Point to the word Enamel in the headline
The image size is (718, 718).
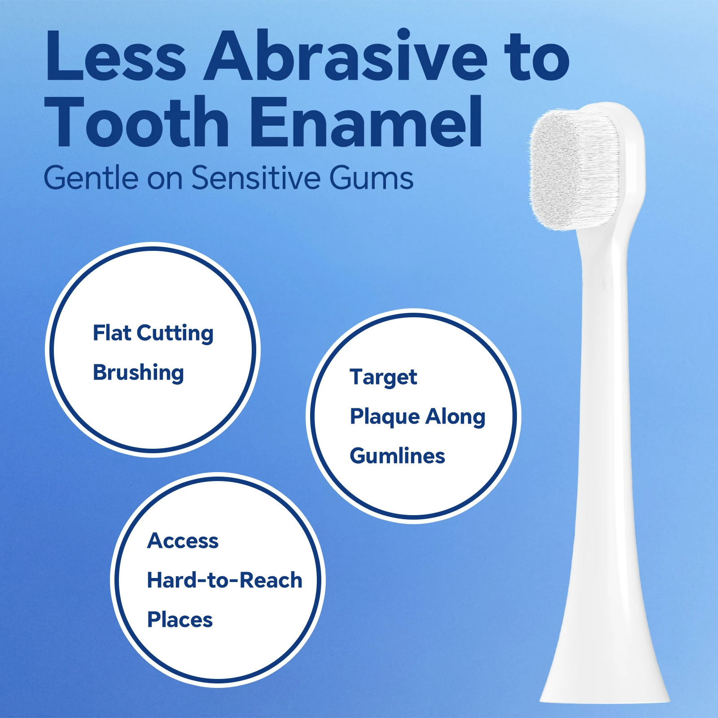(x=366, y=121)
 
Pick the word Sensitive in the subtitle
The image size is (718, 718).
(x=256, y=178)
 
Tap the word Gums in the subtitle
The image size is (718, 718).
(x=372, y=178)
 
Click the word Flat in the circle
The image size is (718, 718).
(x=112, y=333)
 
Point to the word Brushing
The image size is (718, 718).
(x=138, y=373)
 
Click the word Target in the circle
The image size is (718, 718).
(x=383, y=377)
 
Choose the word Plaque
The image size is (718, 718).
(x=385, y=417)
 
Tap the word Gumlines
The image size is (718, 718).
(x=397, y=455)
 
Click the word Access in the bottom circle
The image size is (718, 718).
(x=183, y=541)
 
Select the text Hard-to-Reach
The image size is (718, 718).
(x=225, y=580)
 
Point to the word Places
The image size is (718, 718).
(x=180, y=620)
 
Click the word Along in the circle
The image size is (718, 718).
(x=455, y=417)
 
